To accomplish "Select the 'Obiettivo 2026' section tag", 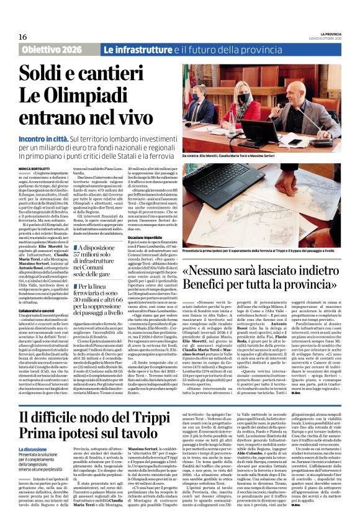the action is pos(55,49).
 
